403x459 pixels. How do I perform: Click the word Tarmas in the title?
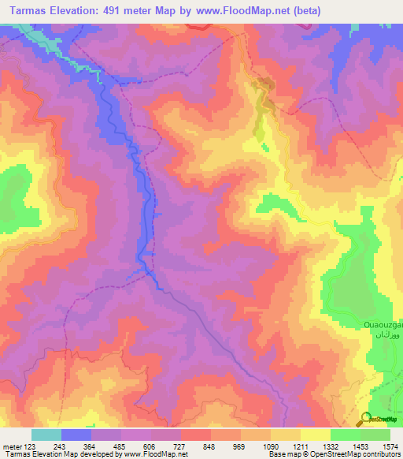point(27,11)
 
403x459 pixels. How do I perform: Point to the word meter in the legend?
point(14,446)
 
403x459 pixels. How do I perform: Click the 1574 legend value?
point(390,446)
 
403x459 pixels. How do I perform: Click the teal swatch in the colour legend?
point(46,435)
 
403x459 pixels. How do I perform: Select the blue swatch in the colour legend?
point(76,435)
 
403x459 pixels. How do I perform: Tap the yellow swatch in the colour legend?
point(315,435)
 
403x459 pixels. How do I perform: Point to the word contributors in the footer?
point(381,455)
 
